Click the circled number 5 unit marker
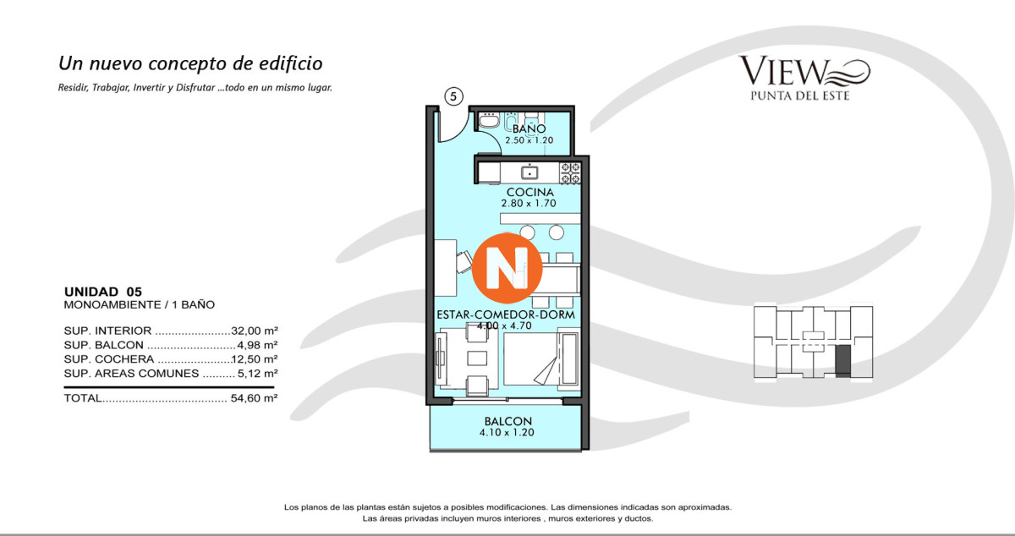click(453, 96)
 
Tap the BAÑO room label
click(529, 129)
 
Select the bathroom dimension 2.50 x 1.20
click(529, 140)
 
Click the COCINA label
click(529, 192)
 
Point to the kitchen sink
click(529, 172)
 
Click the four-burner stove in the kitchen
click(570, 173)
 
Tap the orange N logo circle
click(507, 268)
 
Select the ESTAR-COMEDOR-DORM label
click(506, 314)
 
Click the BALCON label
click(508, 421)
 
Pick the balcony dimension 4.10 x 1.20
click(507, 433)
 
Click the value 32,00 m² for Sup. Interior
click(255, 331)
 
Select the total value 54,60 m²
click(254, 398)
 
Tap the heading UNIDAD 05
click(103, 292)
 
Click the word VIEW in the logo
click(784, 71)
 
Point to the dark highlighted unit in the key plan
click(842, 361)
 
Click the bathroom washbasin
click(489, 121)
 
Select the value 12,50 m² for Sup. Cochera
click(255, 359)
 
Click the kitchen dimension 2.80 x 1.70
click(529, 204)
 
